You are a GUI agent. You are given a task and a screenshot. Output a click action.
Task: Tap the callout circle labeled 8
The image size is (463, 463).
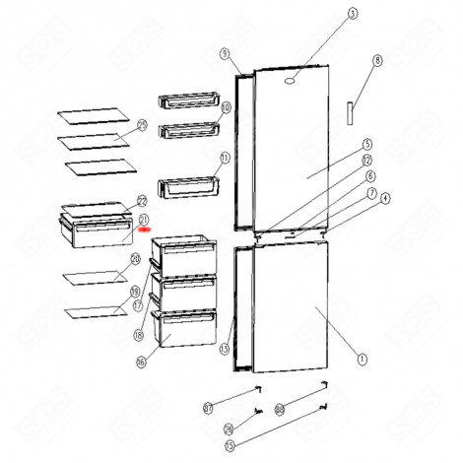point(376,60)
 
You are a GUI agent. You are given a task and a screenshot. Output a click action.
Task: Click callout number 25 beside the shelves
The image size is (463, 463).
point(142,124)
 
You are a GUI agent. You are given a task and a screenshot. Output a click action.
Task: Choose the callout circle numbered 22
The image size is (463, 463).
point(142,199)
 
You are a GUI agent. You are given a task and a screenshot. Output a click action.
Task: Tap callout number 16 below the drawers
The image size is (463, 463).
point(140,362)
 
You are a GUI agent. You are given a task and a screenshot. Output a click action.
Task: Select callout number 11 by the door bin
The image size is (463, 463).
point(225,158)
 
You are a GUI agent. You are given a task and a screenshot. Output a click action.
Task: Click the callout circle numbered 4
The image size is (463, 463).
point(384,198)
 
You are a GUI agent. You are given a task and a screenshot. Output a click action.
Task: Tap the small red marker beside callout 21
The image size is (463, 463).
point(146,228)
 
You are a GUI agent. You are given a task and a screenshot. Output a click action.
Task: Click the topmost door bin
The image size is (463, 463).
point(187,101)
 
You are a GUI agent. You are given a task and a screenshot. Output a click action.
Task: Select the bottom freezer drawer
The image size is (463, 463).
point(184,328)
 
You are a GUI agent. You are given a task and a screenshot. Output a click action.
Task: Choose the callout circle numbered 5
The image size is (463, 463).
point(365,143)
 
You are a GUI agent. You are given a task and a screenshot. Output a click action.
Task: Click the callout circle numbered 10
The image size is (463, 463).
point(225,107)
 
